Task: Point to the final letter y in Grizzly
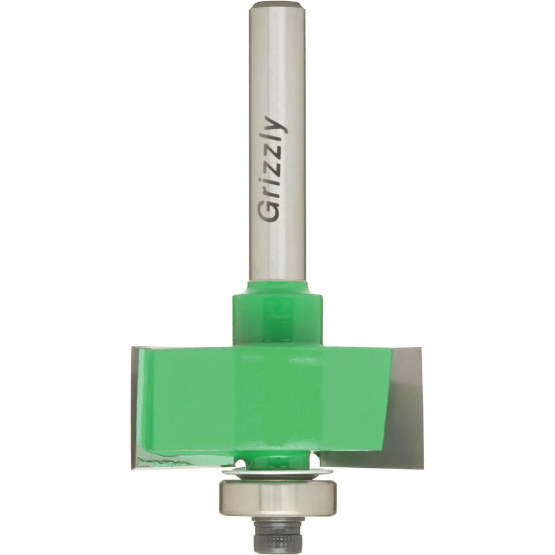click(x=276, y=125)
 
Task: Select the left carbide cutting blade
click(x=142, y=407)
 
